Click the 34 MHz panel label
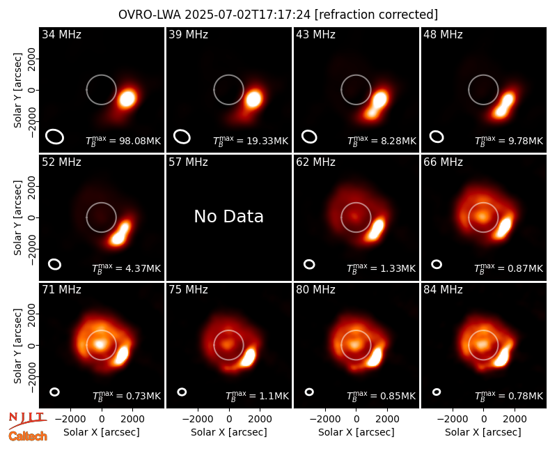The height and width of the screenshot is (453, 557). coord(61,34)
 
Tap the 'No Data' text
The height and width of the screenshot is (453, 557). coord(229,216)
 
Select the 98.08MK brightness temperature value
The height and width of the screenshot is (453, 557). coord(143,141)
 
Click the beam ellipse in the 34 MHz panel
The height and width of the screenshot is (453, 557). coord(55,137)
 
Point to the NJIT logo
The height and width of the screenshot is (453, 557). coord(28,420)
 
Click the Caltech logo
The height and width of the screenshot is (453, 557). coord(28,436)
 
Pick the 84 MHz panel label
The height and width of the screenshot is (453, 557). coord(443,290)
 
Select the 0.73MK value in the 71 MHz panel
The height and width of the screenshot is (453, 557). coord(143,396)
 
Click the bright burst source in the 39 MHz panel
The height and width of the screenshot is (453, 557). coord(253,98)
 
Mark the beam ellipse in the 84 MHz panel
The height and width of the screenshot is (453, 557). coord(437,392)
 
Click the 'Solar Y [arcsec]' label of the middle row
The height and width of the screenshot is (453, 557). coord(18,217)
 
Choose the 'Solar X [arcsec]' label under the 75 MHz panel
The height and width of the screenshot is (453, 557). coord(229,432)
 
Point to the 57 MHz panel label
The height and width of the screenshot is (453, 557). coord(188,162)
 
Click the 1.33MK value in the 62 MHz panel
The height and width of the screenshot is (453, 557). coord(398,268)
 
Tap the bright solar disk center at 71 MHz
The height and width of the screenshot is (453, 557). coord(100,344)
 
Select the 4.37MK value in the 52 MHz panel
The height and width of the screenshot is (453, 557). coord(143,268)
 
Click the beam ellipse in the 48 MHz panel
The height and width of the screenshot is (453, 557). coord(437,137)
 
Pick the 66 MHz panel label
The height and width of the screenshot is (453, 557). coord(443,162)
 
